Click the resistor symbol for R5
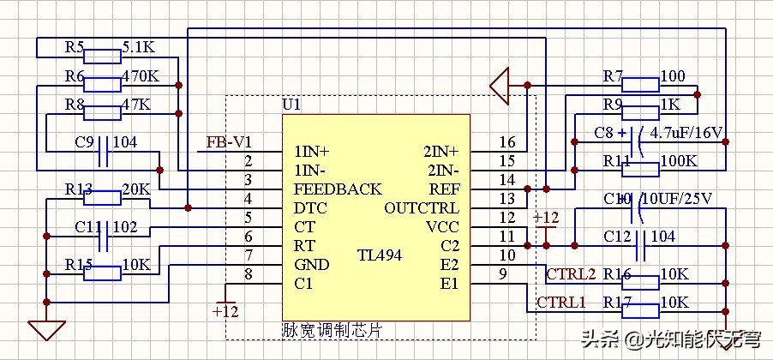(104, 57)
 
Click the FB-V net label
(225, 141)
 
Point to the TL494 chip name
(379, 255)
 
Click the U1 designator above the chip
(291, 105)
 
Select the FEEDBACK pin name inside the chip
(338, 189)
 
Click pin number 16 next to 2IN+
(506, 142)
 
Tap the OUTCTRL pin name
(422, 208)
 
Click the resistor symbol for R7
(640, 84)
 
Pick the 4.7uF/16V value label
(687, 134)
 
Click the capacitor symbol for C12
(640, 247)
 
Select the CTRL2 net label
(570, 274)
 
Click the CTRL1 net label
(561, 302)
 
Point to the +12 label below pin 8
(225, 310)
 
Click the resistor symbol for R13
(104, 199)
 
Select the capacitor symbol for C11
(104, 237)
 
